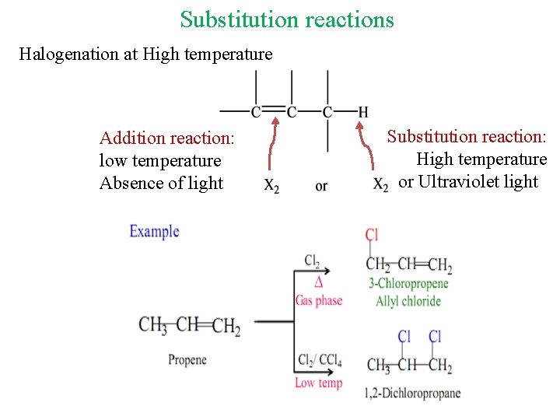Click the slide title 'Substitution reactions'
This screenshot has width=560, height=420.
[287, 19]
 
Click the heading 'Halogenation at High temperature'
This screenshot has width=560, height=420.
[145, 54]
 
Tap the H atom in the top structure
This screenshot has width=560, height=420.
[362, 112]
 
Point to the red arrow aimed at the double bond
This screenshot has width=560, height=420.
[271, 144]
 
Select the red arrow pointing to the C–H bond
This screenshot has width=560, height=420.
[366, 144]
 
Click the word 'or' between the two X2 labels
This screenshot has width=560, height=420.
[321, 187]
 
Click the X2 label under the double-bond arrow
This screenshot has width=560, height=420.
[271, 187]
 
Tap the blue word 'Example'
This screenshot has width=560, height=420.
[154, 231]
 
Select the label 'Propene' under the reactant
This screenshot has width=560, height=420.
[187, 359]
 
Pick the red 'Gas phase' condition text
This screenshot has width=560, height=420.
[318, 301]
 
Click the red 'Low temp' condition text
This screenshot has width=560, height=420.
[318, 383]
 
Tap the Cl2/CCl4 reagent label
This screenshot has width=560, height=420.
[320, 361]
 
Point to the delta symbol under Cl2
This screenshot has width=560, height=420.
[318, 281]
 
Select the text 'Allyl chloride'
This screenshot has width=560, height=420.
[408, 301]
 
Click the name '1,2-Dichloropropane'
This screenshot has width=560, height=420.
[412, 394]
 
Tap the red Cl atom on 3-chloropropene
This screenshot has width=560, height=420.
[372, 235]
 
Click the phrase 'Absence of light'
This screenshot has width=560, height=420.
[161, 184]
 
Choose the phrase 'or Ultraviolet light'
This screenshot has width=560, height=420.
[468, 182]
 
